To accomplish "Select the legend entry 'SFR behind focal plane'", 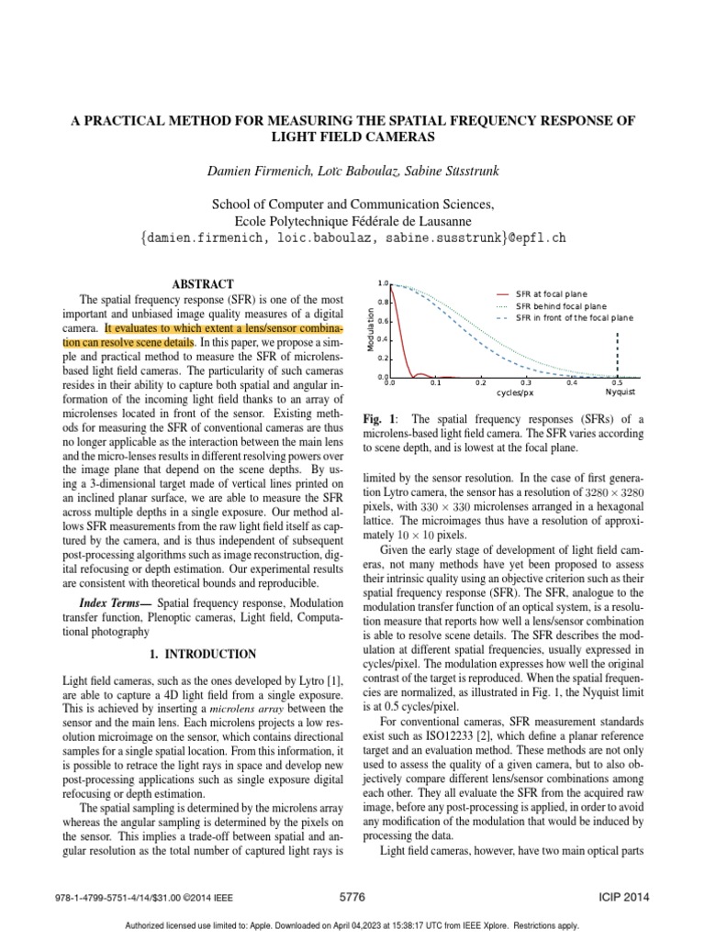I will (x=560, y=305).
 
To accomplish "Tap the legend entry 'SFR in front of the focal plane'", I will (x=575, y=317).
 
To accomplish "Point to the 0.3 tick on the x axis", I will (x=526, y=382).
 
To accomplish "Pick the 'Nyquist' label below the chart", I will (x=621, y=392).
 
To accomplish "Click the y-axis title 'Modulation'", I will (x=370, y=330).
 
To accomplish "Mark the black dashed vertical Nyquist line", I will (x=617, y=354).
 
